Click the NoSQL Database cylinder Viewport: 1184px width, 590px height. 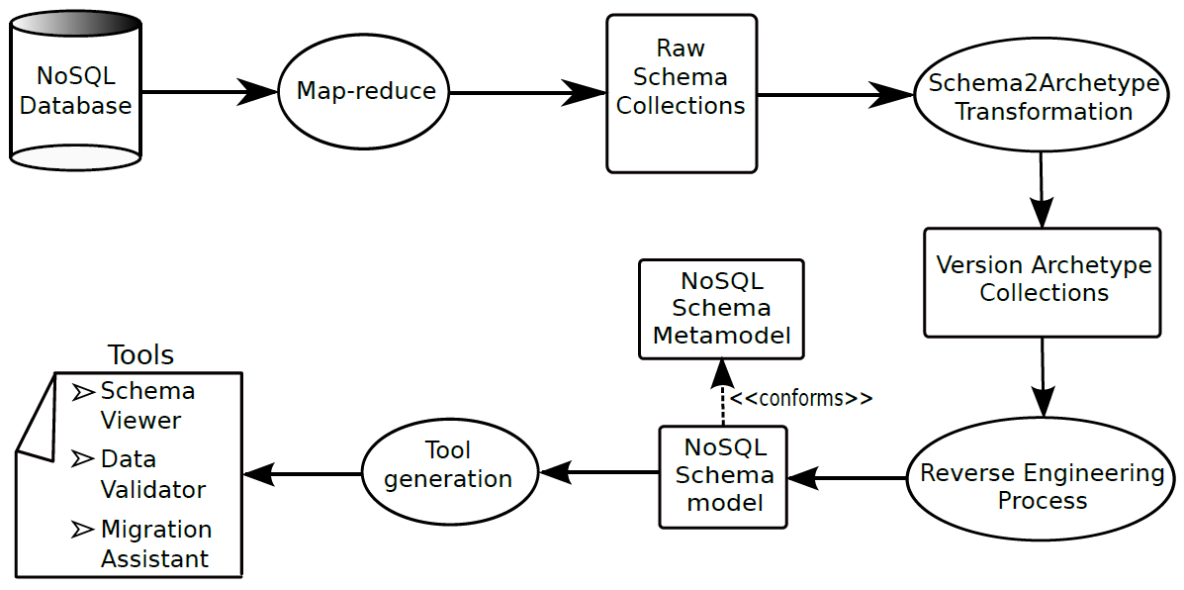75,91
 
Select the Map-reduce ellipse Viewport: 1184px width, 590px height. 366,92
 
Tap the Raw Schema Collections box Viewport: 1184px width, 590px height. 681,92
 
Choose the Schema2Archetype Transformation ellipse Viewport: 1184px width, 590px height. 1044,97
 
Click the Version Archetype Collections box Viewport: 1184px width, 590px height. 1042,281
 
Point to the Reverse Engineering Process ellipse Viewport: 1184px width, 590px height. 1042,486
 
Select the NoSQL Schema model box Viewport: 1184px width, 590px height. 723,476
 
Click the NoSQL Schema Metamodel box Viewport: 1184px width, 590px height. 721,309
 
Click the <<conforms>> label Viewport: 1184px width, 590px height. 801,399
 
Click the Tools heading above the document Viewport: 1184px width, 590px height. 140,355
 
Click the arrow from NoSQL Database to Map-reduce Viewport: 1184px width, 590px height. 210,92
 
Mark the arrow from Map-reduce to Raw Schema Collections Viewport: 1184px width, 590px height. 528,93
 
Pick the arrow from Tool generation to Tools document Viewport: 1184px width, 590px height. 303,474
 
